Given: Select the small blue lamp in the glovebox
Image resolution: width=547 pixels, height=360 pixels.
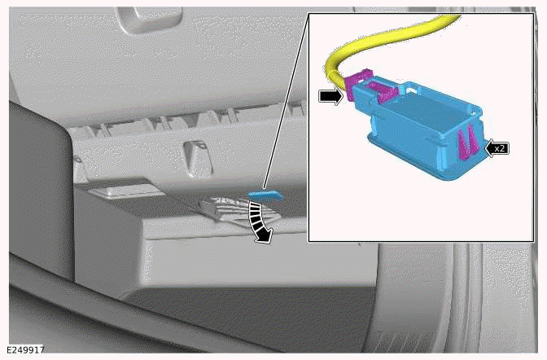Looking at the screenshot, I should [x=265, y=195].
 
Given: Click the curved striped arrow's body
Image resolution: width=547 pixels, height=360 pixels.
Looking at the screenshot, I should [x=258, y=219].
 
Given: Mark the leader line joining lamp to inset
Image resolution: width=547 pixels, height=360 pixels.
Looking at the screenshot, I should [x=285, y=106].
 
